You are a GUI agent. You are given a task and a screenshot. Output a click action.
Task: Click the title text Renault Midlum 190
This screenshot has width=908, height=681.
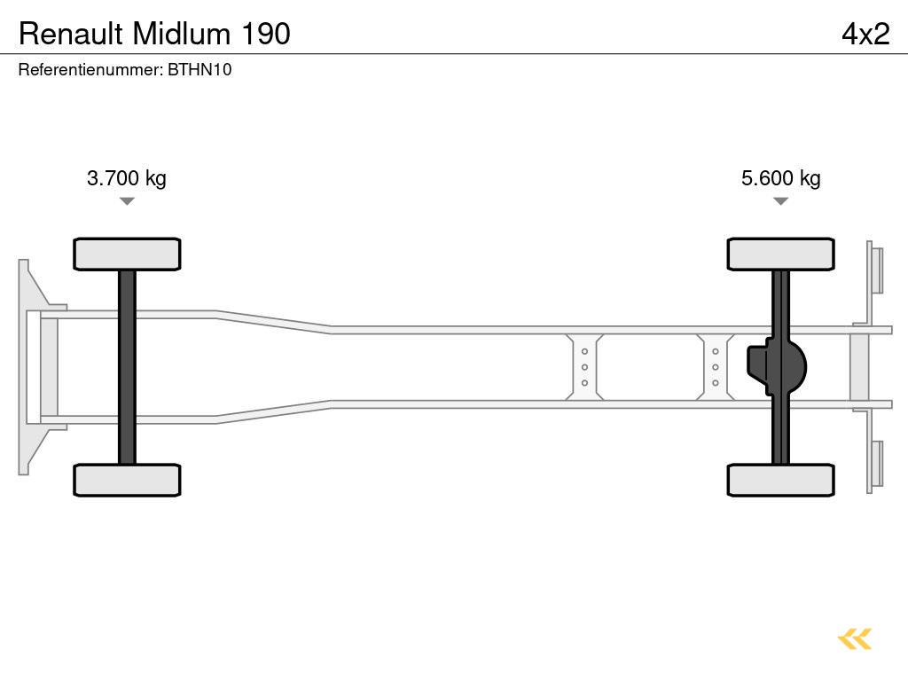pos(154,34)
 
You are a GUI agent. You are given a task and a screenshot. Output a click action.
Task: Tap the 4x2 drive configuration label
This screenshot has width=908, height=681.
pos(865,34)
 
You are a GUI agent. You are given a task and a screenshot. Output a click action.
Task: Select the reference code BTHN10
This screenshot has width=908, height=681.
pos(200,69)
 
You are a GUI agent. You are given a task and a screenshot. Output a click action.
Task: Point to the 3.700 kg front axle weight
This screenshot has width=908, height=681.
pos(126,178)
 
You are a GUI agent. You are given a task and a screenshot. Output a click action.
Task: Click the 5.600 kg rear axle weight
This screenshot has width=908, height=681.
pos(780,178)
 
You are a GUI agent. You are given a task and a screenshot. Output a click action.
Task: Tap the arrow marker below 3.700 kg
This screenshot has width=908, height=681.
pos(127,201)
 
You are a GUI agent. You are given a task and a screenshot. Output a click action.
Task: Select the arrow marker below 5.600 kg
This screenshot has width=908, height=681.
pos(780,201)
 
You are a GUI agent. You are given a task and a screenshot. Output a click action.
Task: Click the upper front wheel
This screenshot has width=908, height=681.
pos(127,254)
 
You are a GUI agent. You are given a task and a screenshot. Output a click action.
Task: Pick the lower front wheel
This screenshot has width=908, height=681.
pos(127,480)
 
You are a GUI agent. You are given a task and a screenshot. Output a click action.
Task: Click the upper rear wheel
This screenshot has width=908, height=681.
pos(780,254)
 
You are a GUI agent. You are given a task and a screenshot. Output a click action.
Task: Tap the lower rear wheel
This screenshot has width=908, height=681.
pos(780,480)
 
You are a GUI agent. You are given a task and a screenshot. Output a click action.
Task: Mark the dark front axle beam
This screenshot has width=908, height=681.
pos(127,367)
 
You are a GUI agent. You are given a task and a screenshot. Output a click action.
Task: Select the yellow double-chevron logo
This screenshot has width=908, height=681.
pos(855,638)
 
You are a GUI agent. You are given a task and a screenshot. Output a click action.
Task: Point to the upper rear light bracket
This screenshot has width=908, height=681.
pos(875,270)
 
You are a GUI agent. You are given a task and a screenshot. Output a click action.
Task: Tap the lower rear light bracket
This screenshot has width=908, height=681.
pos(875,464)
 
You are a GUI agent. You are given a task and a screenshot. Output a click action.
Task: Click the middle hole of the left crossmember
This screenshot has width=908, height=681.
pos(584,367)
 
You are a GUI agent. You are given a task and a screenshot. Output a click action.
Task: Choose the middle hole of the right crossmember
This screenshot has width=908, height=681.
pos(715,367)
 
